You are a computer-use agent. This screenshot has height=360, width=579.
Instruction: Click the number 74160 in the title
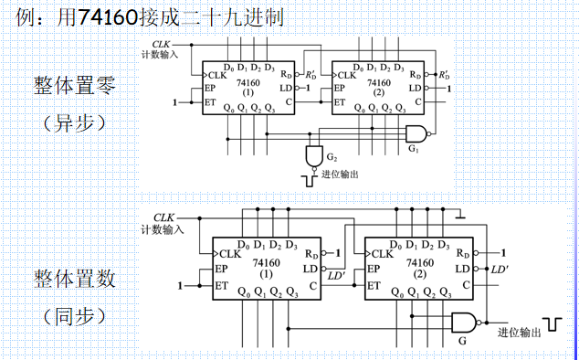103,16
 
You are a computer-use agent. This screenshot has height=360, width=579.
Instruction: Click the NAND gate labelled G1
416,133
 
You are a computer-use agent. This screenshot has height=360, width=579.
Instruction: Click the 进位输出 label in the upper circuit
340,175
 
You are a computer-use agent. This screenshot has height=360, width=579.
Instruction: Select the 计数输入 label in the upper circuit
161,54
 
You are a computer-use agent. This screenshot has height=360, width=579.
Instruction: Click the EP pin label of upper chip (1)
211,89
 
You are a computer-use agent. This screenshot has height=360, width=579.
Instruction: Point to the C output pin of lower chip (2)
466,286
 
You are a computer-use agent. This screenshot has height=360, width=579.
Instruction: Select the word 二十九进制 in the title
236,16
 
